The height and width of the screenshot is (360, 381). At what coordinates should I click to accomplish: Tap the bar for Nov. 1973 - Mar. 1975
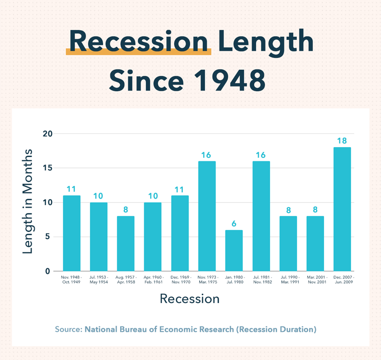(207, 216)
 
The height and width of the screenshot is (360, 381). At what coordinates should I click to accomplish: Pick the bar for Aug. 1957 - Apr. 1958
(126, 243)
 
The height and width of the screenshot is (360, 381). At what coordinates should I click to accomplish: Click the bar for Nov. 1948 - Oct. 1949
(72, 233)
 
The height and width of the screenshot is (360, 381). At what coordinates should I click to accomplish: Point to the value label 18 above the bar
(342, 141)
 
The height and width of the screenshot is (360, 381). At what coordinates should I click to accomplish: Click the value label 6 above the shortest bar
(234, 223)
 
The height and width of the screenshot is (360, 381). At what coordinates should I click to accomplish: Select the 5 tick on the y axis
(49, 237)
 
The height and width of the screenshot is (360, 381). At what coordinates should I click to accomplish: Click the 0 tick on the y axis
(49, 271)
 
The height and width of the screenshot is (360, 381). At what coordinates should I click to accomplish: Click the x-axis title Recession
(189, 298)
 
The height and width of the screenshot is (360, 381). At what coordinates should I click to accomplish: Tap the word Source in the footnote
(68, 329)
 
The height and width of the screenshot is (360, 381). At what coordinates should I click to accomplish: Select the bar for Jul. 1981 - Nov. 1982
(261, 216)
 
